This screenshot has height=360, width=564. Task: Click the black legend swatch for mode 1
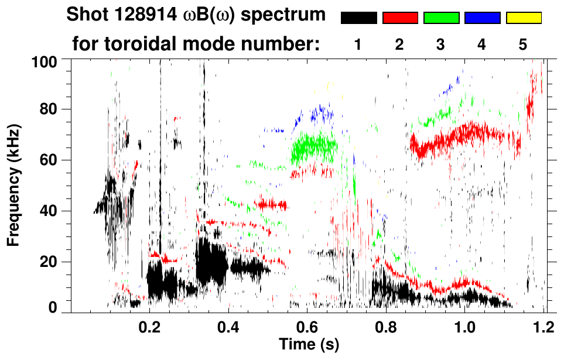(x=358, y=18)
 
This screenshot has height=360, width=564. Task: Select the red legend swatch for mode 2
(x=400, y=18)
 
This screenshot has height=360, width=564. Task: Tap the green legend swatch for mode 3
(x=441, y=18)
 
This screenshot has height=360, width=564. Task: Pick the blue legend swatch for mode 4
(x=482, y=18)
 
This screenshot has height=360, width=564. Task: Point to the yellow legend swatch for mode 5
(x=523, y=18)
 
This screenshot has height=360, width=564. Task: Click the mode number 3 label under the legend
(x=441, y=44)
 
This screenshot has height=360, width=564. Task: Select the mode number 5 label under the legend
(x=523, y=44)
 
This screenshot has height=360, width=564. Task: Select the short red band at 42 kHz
(x=271, y=205)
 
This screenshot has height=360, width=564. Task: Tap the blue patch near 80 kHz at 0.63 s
(x=320, y=112)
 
